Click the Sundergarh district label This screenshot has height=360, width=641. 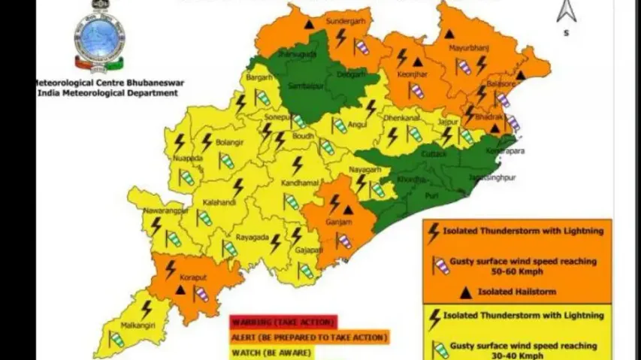[346, 22]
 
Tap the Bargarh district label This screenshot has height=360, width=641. [259, 77]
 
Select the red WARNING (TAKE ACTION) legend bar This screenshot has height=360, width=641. [283, 322]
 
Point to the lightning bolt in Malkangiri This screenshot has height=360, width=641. [146, 308]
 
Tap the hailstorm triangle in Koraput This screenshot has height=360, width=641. [180, 290]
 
